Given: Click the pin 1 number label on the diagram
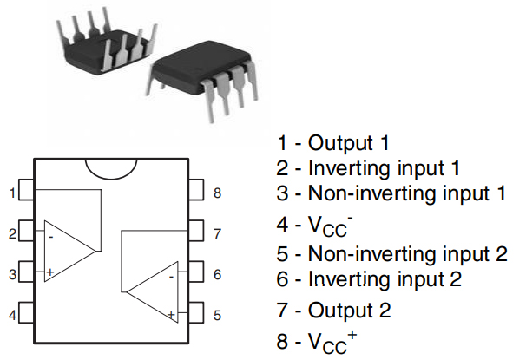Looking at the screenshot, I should click(12, 193).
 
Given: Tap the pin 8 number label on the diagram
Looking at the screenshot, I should click(217, 193).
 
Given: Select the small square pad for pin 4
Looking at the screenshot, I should click(26, 312).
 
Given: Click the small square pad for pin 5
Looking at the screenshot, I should click(196, 312).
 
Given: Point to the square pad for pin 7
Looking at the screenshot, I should click(196, 232).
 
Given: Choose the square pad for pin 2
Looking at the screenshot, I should click(26, 232).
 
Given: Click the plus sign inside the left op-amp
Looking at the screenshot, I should click(50, 272).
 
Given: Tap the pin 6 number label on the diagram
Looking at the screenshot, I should click(217, 272).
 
